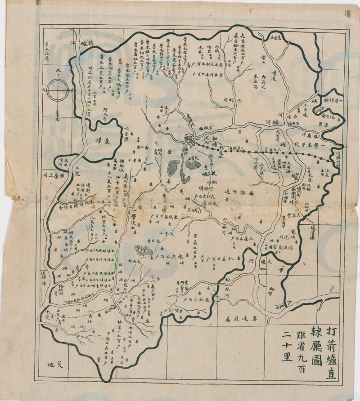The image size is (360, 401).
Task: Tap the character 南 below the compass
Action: pyautogui.click(x=57, y=120)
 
